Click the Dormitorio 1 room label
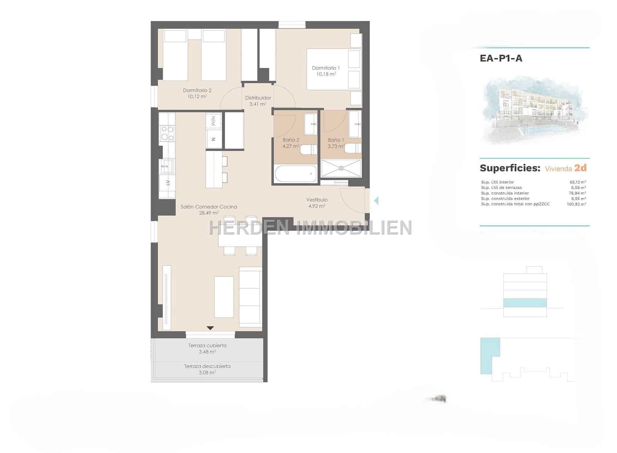point(326,68)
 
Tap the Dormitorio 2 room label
point(197,91)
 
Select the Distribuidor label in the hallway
point(258,98)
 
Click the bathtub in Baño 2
point(296,174)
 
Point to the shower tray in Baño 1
point(341,168)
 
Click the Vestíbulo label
point(317,200)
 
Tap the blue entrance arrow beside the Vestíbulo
point(376,200)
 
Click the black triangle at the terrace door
point(210,328)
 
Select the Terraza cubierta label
point(207,346)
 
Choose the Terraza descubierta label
point(207,366)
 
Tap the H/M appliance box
point(213,121)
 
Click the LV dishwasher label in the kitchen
point(168,183)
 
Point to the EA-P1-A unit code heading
point(501,58)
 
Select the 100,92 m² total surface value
point(578,204)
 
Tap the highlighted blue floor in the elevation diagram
point(525,303)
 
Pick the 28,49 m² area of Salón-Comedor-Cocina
point(209,213)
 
